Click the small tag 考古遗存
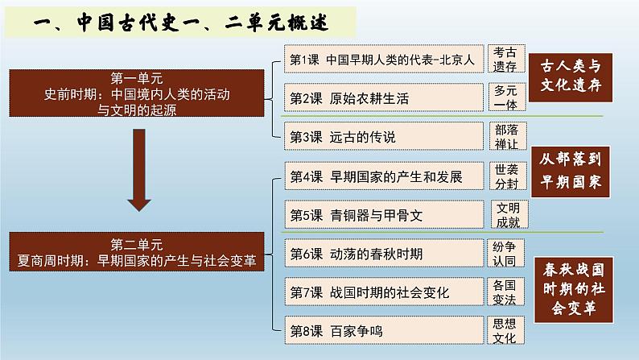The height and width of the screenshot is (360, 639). pos(505,60)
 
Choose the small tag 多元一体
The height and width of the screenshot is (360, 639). pos(505,98)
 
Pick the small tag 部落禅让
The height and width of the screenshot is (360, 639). pos(505,136)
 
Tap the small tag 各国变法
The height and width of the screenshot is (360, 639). pos(505,292)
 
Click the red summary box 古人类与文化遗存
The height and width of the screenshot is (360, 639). pos(571,75)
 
